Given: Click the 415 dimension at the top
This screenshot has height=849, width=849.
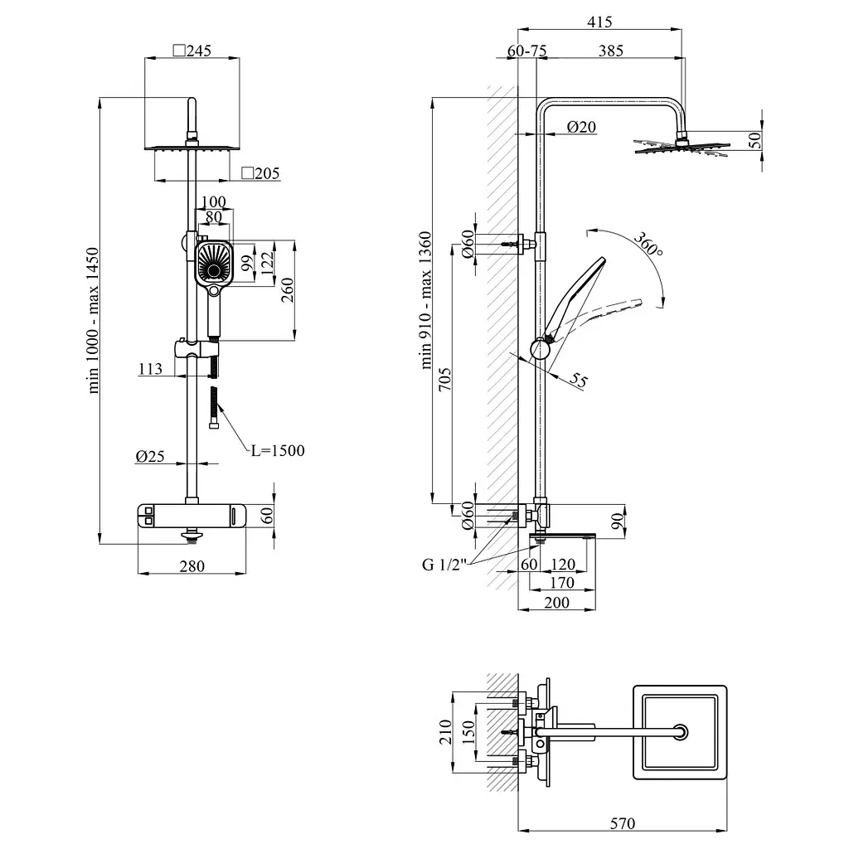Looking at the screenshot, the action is (x=599, y=22).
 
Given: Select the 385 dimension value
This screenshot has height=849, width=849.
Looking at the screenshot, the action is (x=611, y=51).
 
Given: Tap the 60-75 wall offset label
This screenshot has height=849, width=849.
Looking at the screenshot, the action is (x=526, y=51).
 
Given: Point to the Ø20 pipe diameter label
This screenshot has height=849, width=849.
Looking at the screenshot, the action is (x=581, y=127).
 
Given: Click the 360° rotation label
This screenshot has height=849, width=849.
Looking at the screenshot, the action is (x=648, y=245).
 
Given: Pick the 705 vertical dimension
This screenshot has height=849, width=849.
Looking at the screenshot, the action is (x=444, y=380).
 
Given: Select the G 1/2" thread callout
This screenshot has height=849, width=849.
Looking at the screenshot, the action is (x=444, y=565).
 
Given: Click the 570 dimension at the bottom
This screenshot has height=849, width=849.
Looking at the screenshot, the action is (x=622, y=823).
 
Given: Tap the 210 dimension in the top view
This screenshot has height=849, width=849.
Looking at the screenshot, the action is (x=445, y=731).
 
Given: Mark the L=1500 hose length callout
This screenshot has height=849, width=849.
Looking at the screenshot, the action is (x=278, y=450).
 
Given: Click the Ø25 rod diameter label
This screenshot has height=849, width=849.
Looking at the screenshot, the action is (x=150, y=457).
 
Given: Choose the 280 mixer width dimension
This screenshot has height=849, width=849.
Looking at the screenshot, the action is (x=192, y=566).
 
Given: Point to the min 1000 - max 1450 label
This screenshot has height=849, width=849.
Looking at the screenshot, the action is (x=93, y=320).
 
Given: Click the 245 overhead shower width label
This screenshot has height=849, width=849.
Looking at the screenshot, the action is (x=192, y=51).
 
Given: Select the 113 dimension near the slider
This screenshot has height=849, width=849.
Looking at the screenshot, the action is (x=150, y=369).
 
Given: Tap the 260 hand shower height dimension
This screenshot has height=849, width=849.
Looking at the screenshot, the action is (x=288, y=289).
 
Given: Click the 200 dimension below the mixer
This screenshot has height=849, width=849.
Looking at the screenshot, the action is (x=556, y=603).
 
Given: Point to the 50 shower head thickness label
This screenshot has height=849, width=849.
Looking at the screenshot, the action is (x=754, y=140).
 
